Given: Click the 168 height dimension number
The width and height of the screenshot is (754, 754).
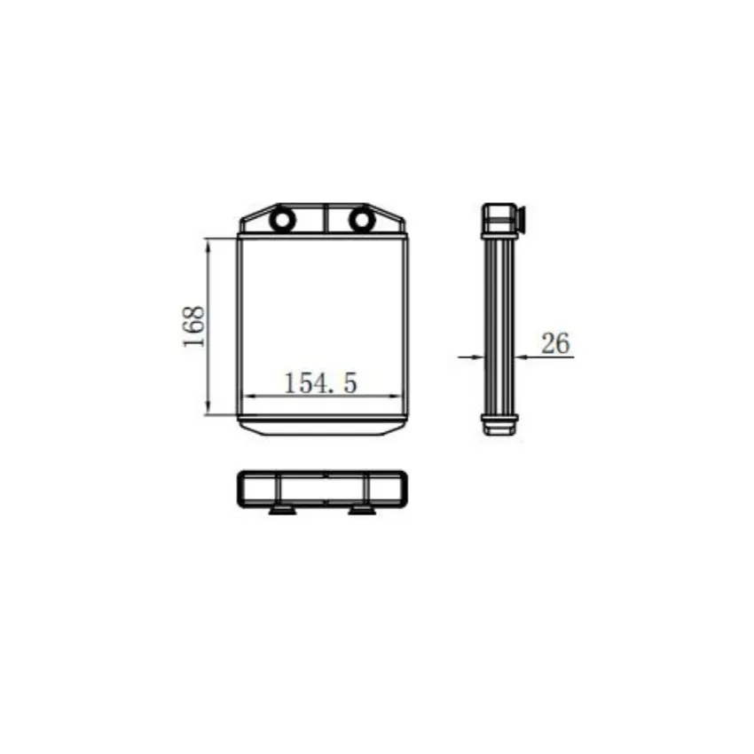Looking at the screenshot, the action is [193, 326].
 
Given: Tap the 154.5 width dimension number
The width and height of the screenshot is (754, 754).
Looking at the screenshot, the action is [321, 383].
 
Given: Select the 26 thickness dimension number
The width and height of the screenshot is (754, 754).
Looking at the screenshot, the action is [555, 343].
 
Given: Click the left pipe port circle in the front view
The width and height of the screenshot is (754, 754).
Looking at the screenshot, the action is [282, 220].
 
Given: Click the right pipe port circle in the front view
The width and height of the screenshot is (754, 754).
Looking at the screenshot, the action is [362, 220].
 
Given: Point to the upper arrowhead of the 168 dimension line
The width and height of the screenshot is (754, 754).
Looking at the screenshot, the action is [208, 247].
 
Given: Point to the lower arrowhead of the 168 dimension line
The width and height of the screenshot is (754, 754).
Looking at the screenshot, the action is [208, 407].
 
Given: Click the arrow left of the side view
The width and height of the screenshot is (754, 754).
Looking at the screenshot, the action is [470, 357].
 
